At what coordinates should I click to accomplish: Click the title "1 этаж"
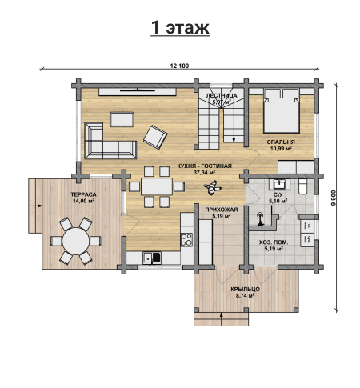point(180,27)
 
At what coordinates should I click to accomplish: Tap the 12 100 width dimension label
point(179,66)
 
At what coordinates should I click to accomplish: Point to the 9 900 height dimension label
point(333,198)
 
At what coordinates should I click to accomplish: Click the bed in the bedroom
point(282,111)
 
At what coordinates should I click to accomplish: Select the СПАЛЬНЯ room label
point(281,142)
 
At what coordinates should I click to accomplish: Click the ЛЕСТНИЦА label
point(222,96)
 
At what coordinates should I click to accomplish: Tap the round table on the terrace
point(76,241)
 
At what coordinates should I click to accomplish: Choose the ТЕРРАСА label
point(83,194)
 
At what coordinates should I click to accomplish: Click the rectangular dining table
point(157,186)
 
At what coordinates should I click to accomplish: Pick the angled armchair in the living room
point(155,137)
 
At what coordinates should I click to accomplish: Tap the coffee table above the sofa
point(122,119)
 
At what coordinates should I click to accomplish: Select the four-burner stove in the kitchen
point(186,239)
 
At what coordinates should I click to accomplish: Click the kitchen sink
point(152,258)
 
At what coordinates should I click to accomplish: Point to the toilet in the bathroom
point(303,186)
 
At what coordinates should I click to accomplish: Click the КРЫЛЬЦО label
point(246,289)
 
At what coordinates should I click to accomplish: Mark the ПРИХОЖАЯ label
point(222,210)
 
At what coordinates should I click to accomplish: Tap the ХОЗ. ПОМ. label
point(274,242)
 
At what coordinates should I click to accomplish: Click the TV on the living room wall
point(138,90)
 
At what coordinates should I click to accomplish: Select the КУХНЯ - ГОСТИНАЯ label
point(205,166)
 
